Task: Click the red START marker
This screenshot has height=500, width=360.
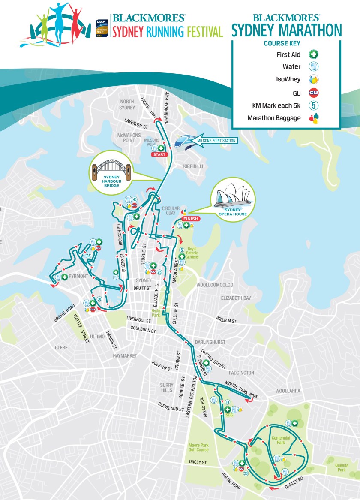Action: (x=158, y=154)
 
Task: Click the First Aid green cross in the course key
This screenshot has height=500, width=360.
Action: (x=314, y=54)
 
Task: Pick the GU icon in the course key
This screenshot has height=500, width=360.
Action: (x=314, y=92)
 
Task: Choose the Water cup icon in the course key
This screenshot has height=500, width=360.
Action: (x=314, y=67)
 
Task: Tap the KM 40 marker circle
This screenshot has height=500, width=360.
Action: (x=134, y=199)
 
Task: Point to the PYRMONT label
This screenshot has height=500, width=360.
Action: (x=78, y=277)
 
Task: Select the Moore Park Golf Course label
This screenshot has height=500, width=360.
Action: (x=198, y=448)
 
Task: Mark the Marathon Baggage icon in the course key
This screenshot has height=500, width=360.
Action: (x=314, y=118)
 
